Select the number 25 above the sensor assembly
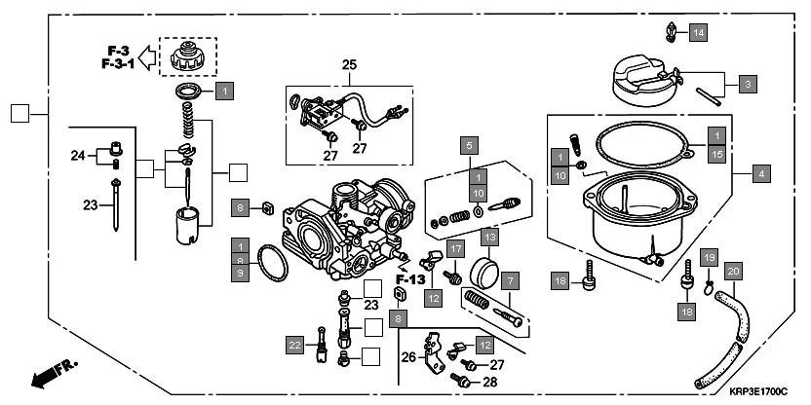point(349,65)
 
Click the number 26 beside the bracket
point(407,357)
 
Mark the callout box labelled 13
point(489,236)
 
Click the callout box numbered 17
point(455,249)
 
